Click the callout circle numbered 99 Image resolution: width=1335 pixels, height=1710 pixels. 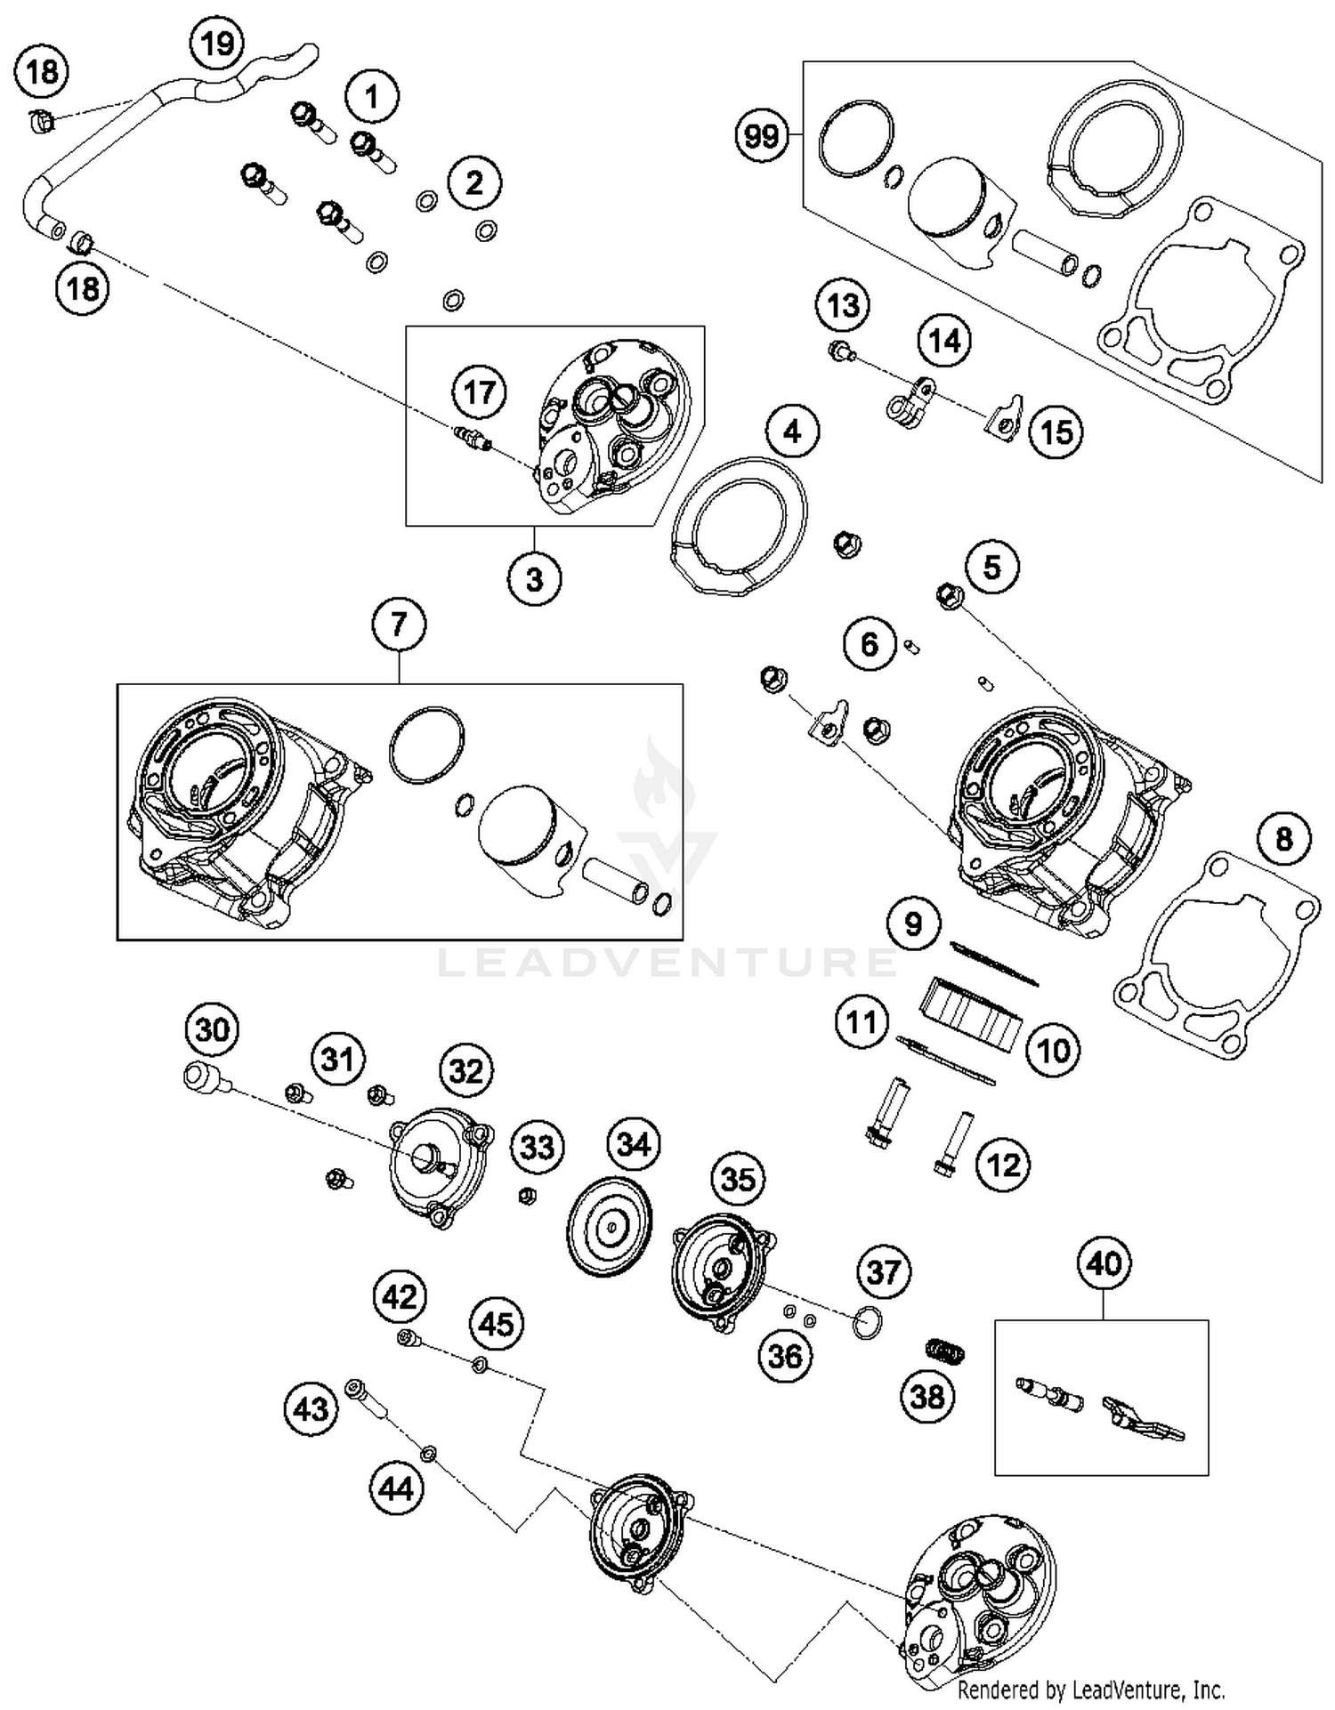tap(762, 136)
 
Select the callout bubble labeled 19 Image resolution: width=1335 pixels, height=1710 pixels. tap(217, 43)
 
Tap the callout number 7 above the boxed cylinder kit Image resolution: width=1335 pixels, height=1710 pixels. tap(398, 624)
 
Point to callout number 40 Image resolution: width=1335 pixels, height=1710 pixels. tap(1104, 1262)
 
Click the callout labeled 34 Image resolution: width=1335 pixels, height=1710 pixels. tap(633, 1143)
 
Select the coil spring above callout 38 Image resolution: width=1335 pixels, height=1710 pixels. tap(945, 1351)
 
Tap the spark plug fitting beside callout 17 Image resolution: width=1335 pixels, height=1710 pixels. tap(469, 436)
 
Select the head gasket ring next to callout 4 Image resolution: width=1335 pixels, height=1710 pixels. tap(739, 524)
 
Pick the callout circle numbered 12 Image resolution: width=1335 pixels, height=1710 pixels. tap(1004, 1165)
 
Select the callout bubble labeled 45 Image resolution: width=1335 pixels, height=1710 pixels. tap(496, 1323)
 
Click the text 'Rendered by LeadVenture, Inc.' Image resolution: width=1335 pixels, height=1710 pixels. tap(1090, 1689)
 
